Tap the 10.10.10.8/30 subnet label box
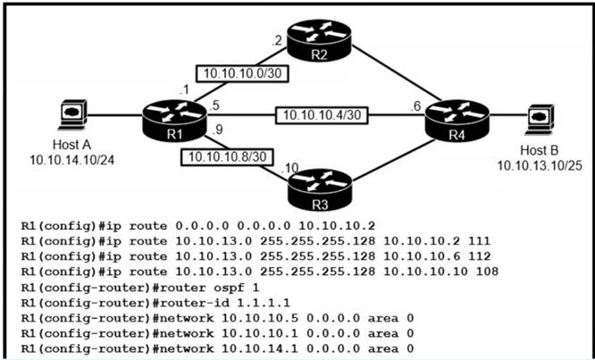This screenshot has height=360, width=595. coord(225,157)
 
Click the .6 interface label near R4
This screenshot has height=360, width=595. coord(415,104)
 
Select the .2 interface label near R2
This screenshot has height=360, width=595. coord(277,38)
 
